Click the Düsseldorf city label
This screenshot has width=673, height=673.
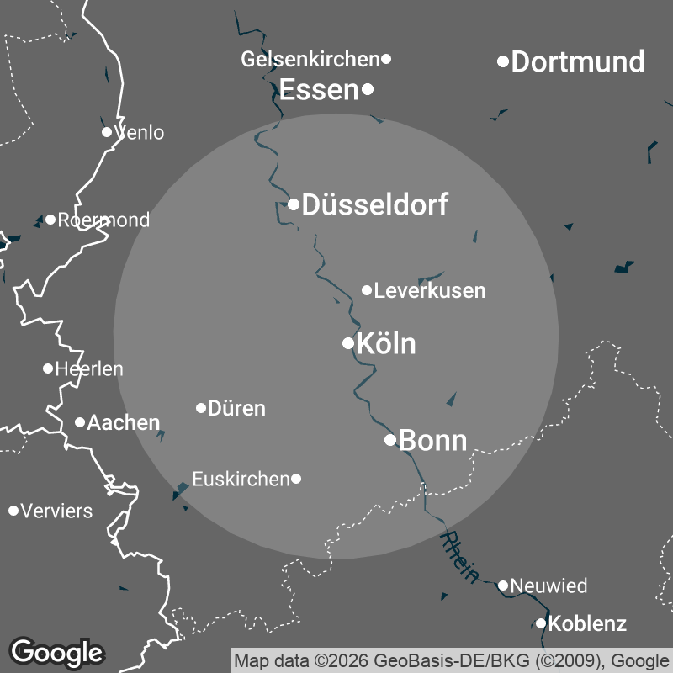click(374, 204)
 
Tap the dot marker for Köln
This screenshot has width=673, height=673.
click(347, 343)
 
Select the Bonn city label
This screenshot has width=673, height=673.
click(432, 440)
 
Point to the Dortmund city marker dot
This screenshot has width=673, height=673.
click(503, 61)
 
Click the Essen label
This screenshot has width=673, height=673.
click(319, 90)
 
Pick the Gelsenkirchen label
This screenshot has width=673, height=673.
click(310, 60)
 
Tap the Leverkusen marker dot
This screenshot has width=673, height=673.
click(367, 290)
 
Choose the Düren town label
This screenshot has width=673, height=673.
click(236, 409)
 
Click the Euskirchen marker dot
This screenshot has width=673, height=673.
click(296, 479)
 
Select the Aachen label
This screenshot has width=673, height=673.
click(124, 422)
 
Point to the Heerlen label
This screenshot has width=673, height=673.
click(89, 368)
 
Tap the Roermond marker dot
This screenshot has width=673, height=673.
click(50, 220)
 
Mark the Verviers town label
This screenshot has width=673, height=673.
click(56, 511)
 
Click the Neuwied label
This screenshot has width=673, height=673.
click(548, 586)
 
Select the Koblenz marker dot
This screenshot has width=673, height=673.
click(541, 623)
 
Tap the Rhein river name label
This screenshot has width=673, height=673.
click(460, 557)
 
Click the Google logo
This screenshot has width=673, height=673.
click(57, 651)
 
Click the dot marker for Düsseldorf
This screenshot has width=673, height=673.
click(294, 204)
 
